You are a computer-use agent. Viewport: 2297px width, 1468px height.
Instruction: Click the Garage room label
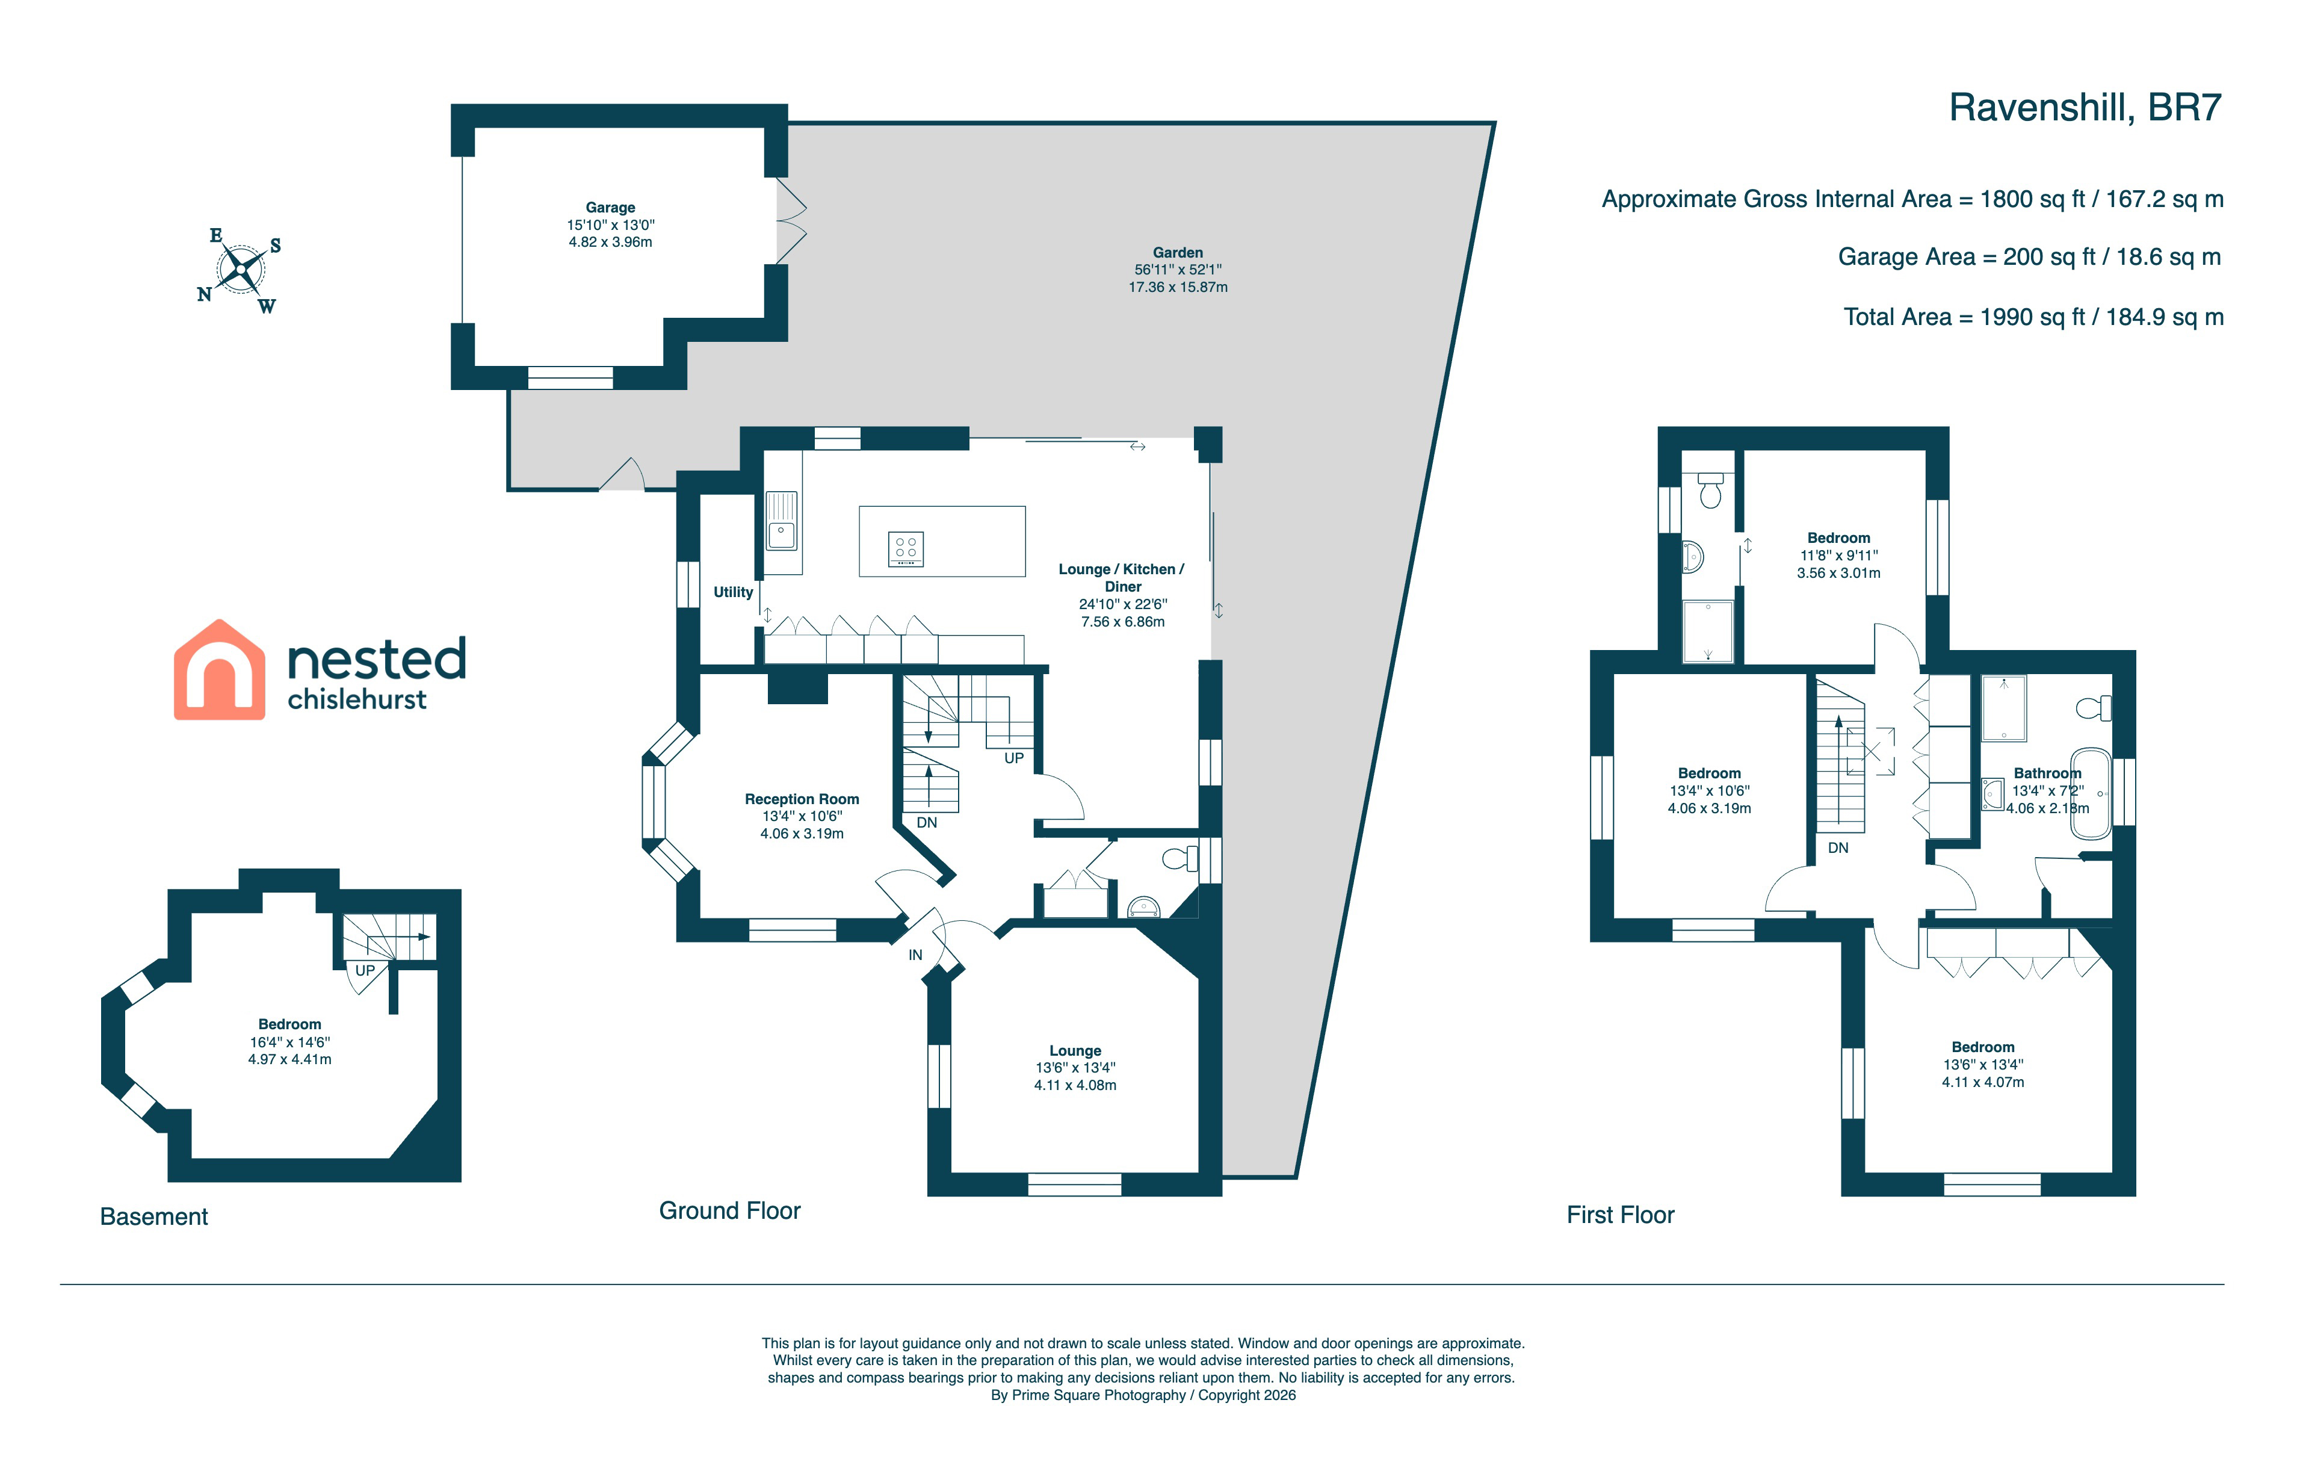610,208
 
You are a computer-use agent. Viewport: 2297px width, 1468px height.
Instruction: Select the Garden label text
1178,253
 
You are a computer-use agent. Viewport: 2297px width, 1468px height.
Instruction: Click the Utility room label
734,592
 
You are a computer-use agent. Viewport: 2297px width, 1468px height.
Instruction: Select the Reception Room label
802,799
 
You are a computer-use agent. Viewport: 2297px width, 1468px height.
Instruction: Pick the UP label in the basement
365,971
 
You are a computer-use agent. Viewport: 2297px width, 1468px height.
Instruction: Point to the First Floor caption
1621,1215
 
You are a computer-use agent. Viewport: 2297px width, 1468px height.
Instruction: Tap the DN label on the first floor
1838,848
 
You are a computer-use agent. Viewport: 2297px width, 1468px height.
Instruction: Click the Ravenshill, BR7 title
2085,108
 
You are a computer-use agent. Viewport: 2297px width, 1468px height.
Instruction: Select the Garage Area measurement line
2030,258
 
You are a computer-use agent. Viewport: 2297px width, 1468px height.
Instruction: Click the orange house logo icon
220,670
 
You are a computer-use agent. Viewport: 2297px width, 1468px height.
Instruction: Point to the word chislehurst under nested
357,699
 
